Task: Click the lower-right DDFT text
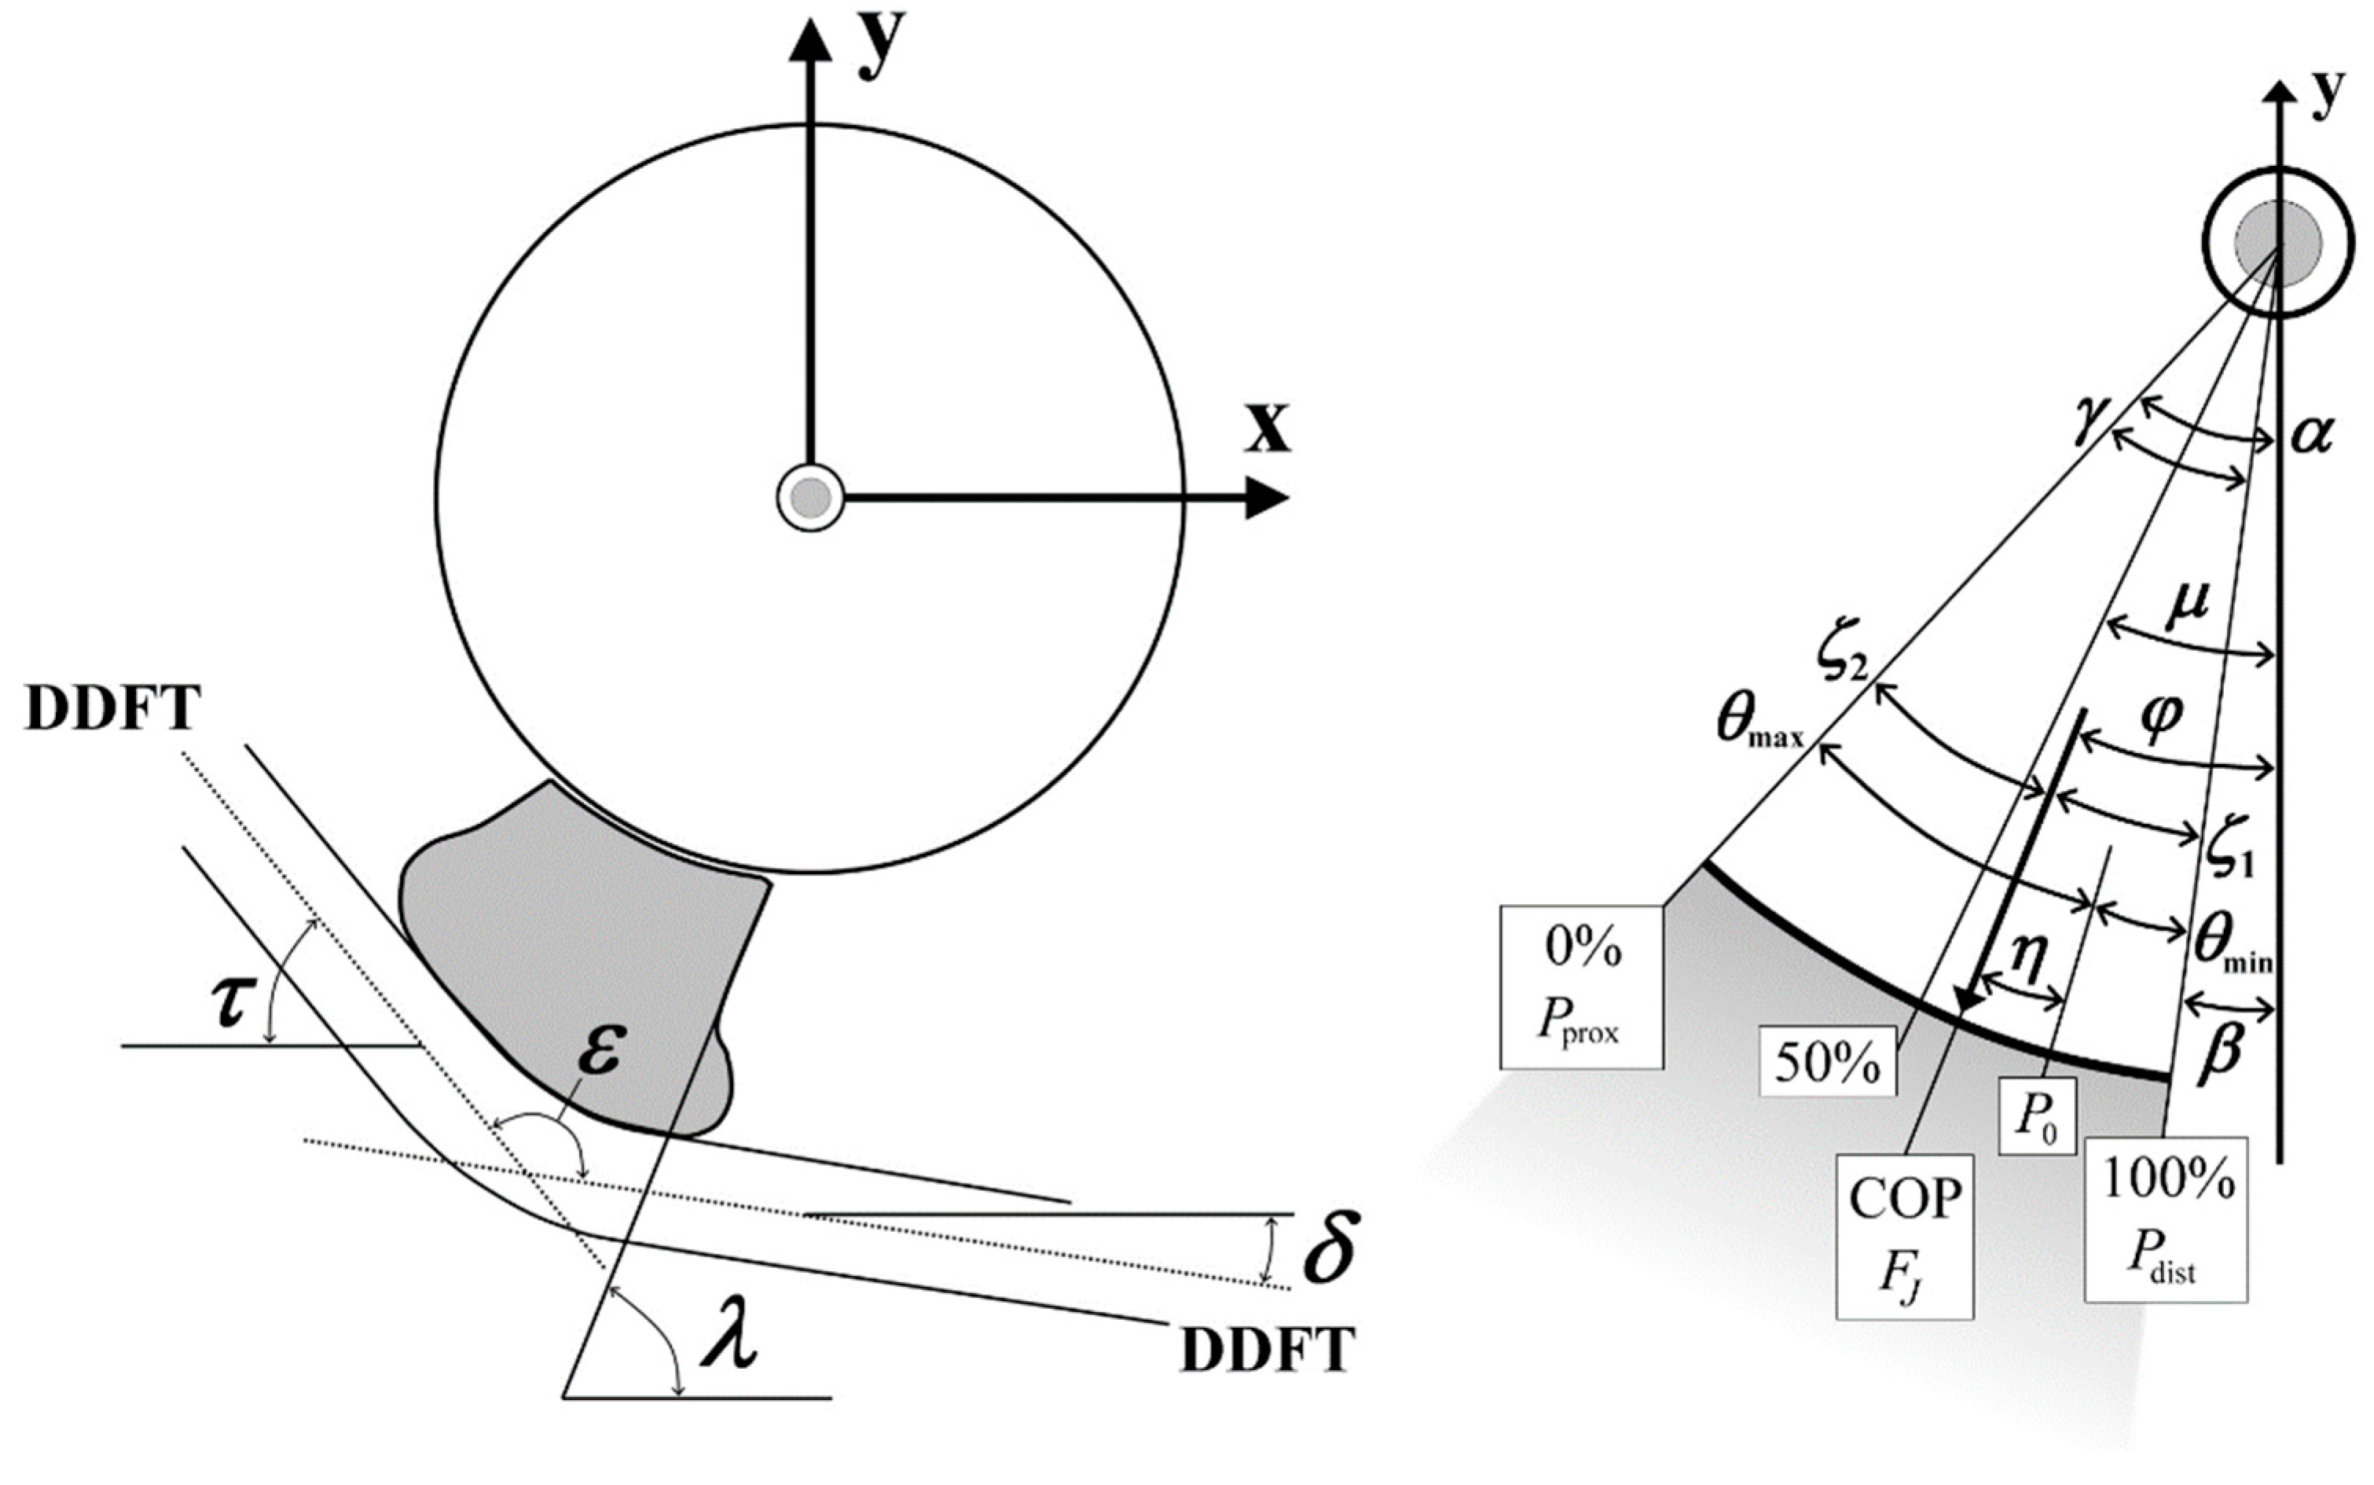1267,1351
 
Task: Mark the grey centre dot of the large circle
811,498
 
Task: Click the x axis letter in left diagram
1267,428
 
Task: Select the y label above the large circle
881,44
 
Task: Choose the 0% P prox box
1581,986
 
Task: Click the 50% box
1827,1060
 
